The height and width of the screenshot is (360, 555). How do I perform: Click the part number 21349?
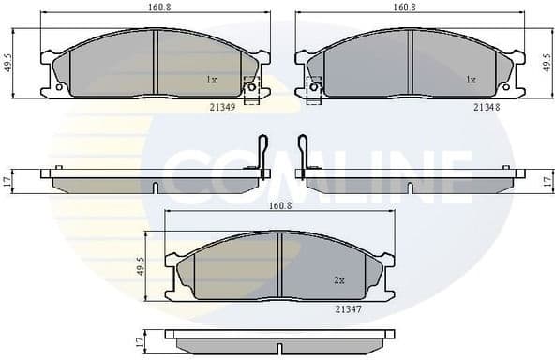[223, 106]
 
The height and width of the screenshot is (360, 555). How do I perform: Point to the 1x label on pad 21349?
[212, 81]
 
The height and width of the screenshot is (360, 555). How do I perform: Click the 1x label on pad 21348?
[472, 81]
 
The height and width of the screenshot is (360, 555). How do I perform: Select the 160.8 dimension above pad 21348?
[405, 7]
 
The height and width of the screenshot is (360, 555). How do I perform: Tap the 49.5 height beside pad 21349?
[8, 64]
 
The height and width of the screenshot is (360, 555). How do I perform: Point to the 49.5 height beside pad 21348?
[547, 64]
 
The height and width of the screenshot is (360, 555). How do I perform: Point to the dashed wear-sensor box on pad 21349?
[251, 90]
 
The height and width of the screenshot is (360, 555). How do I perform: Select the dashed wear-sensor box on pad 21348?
[314, 89]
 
